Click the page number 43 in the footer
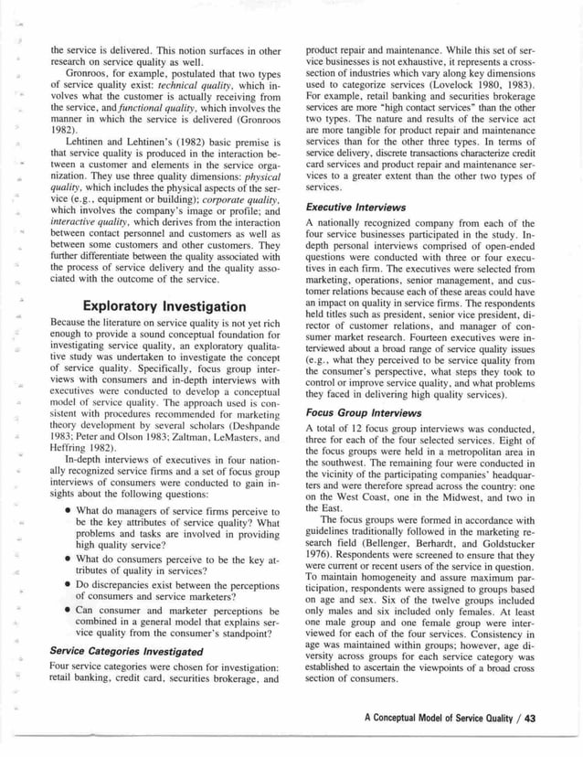click(529, 717)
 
